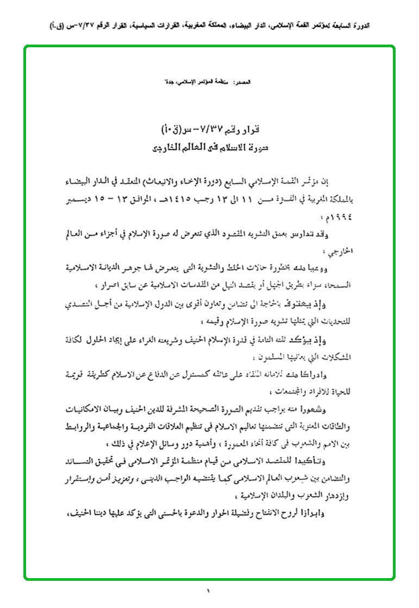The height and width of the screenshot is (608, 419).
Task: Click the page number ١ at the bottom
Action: click(208, 590)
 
